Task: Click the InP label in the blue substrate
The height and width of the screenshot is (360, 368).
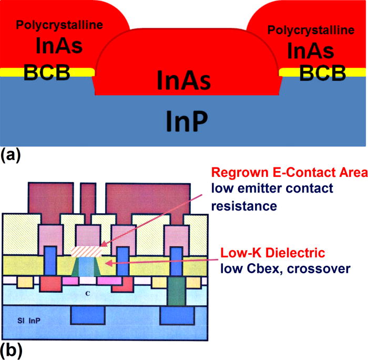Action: tap(184, 122)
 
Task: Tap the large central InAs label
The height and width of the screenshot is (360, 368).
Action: tap(183, 81)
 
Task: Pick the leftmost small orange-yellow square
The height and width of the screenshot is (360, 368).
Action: tap(25, 283)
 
